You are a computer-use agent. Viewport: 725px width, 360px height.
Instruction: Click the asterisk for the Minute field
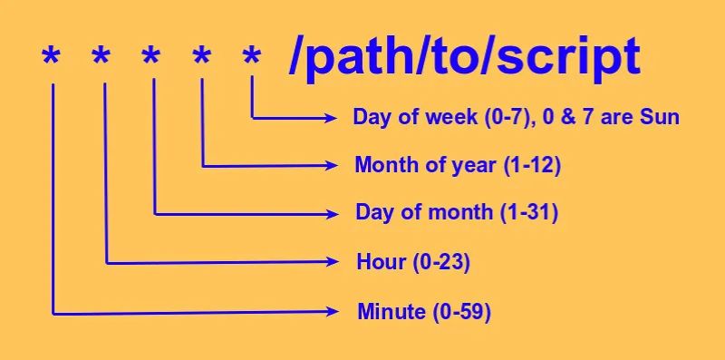tap(52, 57)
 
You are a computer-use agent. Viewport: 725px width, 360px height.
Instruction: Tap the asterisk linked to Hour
tap(102, 57)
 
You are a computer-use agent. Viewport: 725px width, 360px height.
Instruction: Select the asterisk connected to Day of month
tap(152, 57)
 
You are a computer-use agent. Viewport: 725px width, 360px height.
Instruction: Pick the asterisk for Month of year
tap(202, 57)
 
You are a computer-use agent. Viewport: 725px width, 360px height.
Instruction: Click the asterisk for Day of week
tap(252, 57)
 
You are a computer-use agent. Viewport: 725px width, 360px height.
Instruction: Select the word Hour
tap(381, 263)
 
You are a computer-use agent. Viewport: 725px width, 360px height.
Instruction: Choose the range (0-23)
tap(441, 263)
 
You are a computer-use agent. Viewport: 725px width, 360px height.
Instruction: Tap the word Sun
tap(662, 118)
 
